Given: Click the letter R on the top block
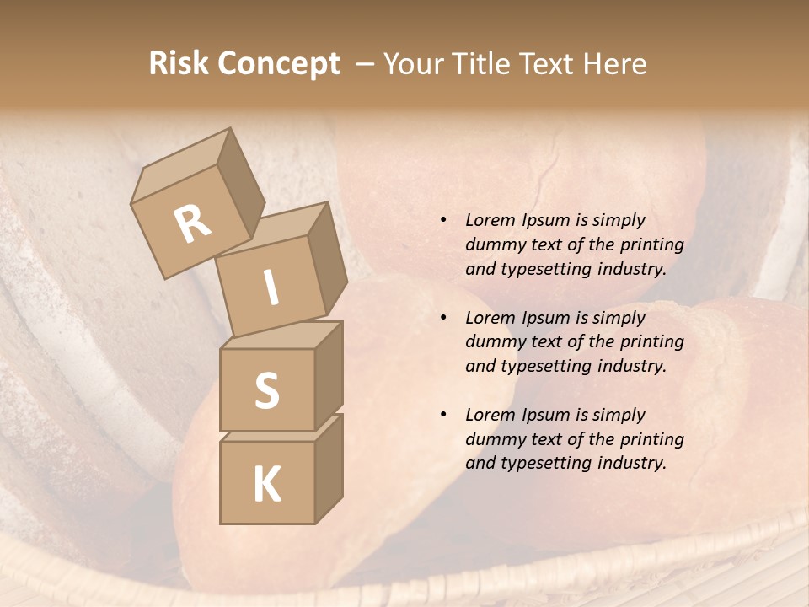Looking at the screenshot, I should [192, 223].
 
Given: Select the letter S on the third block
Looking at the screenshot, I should [266, 390].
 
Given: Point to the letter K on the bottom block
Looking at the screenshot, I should [266, 485].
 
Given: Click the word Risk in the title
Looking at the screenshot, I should [178, 63].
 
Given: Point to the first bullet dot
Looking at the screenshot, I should [443, 220].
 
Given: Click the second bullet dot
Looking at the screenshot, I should [443, 318].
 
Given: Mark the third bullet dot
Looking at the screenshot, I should [443, 415].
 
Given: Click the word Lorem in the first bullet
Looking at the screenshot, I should [490, 220].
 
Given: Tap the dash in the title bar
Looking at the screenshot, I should [365, 63].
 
